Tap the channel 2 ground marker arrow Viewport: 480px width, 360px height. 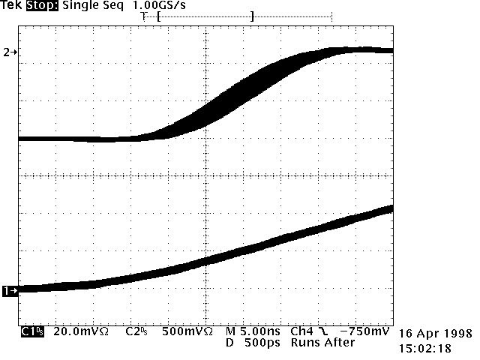point(10,52)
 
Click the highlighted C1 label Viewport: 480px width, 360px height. point(31,331)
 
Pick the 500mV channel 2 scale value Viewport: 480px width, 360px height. point(184,331)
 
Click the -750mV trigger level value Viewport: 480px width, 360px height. point(365,331)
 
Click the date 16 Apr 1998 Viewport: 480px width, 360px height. point(435,333)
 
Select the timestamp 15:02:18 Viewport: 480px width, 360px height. point(424,348)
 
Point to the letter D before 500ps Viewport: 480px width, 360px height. point(229,342)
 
